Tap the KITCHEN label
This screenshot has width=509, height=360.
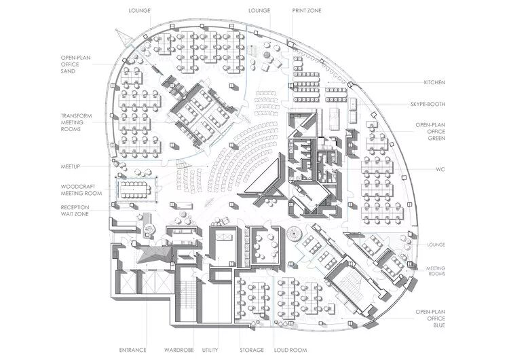point(434,82)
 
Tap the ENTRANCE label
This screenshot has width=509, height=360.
point(132,350)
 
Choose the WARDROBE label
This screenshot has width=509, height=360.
point(179,350)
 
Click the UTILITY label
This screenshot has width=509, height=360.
point(212,350)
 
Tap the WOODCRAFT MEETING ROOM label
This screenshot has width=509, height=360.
point(76,189)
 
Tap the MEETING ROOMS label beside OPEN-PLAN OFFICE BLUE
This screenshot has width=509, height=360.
point(436,272)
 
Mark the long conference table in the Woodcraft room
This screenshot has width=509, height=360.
point(138,186)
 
